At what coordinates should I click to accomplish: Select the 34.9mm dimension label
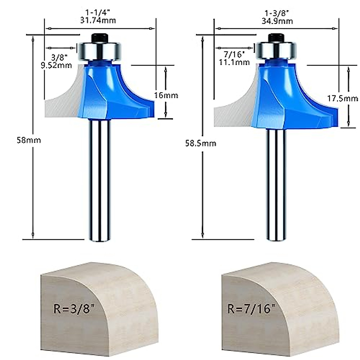[279, 21]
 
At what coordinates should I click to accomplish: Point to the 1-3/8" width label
[279, 13]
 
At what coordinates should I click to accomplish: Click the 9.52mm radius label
[56, 65]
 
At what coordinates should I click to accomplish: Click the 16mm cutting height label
[166, 95]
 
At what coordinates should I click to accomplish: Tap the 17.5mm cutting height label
[342, 98]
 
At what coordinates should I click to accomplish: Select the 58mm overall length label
[28, 140]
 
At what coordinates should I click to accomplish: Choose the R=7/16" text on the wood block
[251, 309]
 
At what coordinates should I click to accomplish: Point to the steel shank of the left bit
[100, 180]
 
